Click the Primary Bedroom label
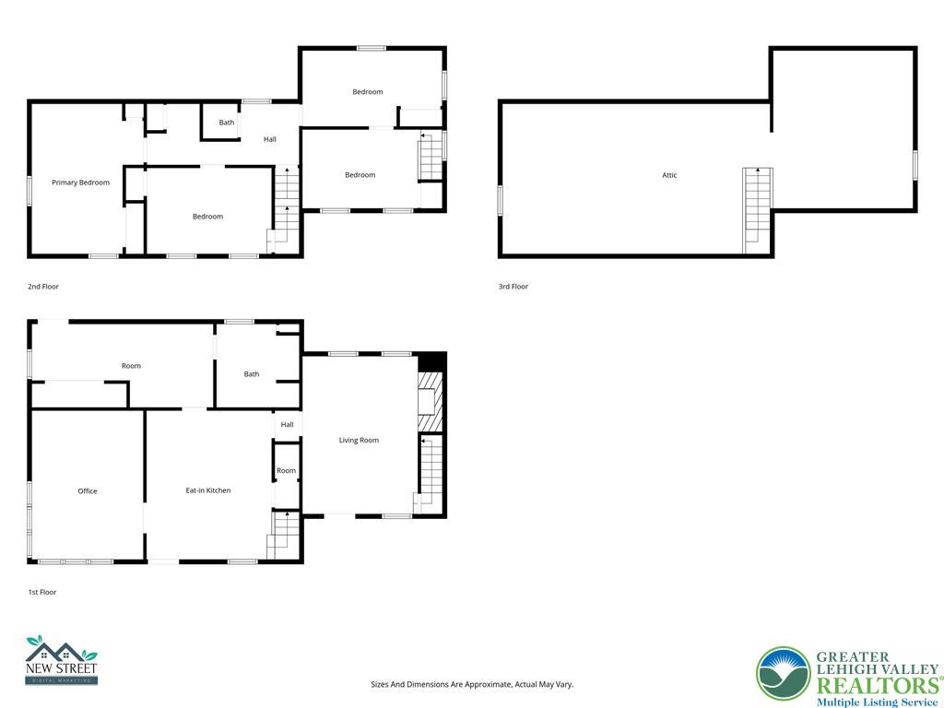click(80, 183)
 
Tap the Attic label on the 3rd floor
click(669, 175)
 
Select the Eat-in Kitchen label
click(208, 490)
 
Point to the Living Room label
click(359, 441)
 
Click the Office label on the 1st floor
click(88, 491)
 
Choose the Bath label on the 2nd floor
click(226, 123)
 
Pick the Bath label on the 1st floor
click(252, 374)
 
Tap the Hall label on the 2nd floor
click(270, 139)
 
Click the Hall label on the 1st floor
click(287, 425)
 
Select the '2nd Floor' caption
click(43, 287)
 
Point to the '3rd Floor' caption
click(513, 287)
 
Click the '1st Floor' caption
click(41, 592)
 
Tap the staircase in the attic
click(757, 210)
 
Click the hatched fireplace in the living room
click(431, 401)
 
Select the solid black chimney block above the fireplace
click(431, 361)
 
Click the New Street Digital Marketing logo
click(61, 660)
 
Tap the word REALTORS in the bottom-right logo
click(876, 685)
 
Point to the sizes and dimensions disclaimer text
click(471, 685)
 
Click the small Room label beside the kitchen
click(287, 471)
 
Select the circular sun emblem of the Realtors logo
click(783, 674)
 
